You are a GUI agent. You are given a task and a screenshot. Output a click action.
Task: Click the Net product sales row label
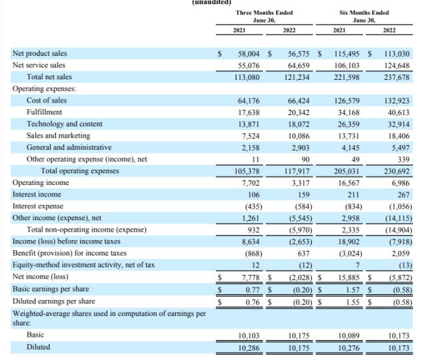[40, 54]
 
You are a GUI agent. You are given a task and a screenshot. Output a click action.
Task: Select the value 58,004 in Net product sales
[248, 54]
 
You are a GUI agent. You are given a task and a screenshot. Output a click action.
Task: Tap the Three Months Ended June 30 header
[264, 17]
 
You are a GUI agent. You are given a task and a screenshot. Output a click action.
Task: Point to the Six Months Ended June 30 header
[364, 17]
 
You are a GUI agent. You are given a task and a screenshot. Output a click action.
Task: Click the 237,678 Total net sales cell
[397, 77]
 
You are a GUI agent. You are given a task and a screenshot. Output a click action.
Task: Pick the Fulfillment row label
[44, 112]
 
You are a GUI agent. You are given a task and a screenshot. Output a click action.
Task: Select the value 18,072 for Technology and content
[298, 124]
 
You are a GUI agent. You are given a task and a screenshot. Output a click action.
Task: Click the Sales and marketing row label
[58, 136]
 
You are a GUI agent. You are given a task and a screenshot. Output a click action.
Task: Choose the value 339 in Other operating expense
[404, 160]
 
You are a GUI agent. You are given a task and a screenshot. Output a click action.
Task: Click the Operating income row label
[41, 182]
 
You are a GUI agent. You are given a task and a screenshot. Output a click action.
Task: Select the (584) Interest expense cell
[304, 207]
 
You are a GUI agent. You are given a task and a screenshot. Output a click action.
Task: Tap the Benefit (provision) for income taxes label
[69, 253]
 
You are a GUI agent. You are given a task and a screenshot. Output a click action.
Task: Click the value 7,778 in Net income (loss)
[250, 277]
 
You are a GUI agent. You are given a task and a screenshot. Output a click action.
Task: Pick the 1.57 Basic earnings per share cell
[352, 289]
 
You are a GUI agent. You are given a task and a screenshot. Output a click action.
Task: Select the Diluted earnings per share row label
[54, 301]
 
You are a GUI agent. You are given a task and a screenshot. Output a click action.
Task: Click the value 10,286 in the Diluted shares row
[248, 348]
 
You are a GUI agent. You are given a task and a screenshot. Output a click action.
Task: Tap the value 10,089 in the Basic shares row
[348, 336]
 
